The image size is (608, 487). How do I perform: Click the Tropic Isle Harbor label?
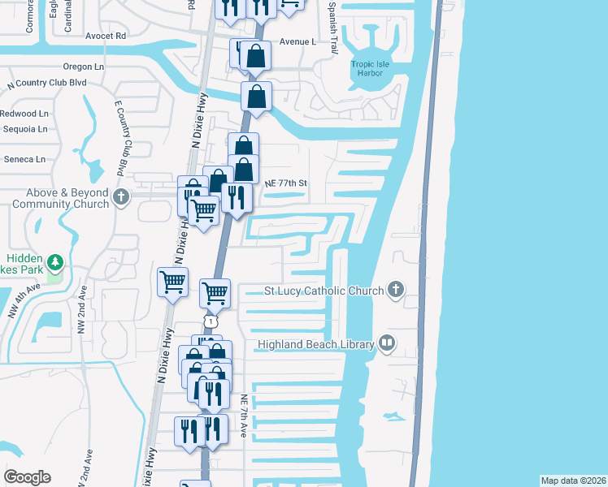click(x=373, y=69)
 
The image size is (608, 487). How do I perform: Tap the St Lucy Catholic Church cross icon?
click(x=396, y=290)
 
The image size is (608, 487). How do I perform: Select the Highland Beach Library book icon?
click(x=386, y=344)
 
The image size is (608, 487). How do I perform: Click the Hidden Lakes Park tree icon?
click(x=55, y=262)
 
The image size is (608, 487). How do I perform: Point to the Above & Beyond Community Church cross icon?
click(x=121, y=197)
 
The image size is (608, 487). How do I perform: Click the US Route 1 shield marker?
click(x=211, y=322)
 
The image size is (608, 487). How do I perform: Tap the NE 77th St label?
click(x=286, y=183)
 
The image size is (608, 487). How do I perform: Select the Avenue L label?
click(x=297, y=41)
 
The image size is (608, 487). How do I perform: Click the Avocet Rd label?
click(x=106, y=36)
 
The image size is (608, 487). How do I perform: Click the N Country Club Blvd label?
click(x=47, y=83)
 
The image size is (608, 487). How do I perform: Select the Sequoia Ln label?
click(x=25, y=128)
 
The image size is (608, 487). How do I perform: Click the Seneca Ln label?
click(x=24, y=158)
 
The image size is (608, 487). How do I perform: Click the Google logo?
click(x=27, y=477)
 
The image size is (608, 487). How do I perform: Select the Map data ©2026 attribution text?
click(x=572, y=481)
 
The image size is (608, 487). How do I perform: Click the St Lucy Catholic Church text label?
click(x=324, y=291)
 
